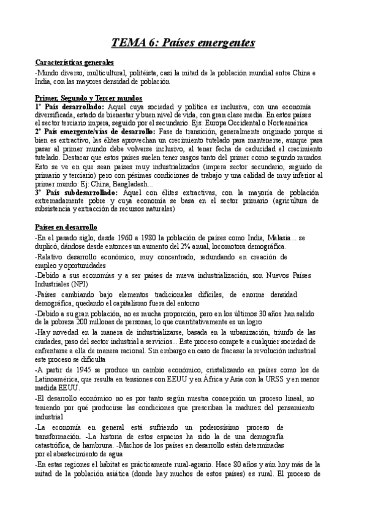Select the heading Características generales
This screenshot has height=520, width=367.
click(75, 63)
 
